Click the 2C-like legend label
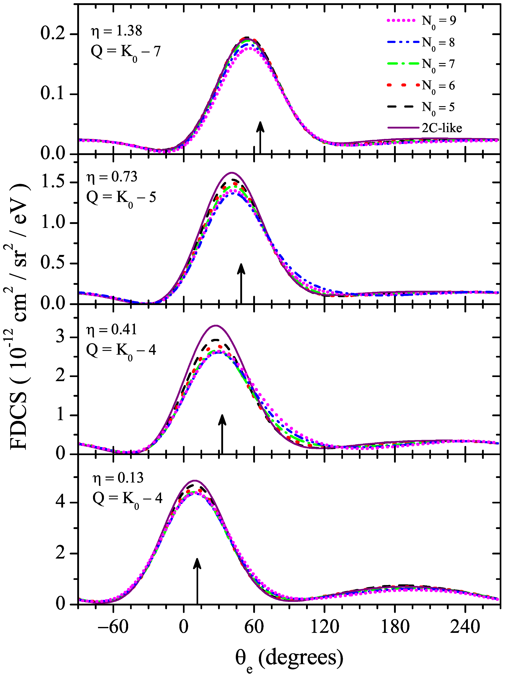[442, 128]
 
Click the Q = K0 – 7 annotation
[125, 52]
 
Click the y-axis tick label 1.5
[54, 182]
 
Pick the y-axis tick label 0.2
[54, 34]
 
